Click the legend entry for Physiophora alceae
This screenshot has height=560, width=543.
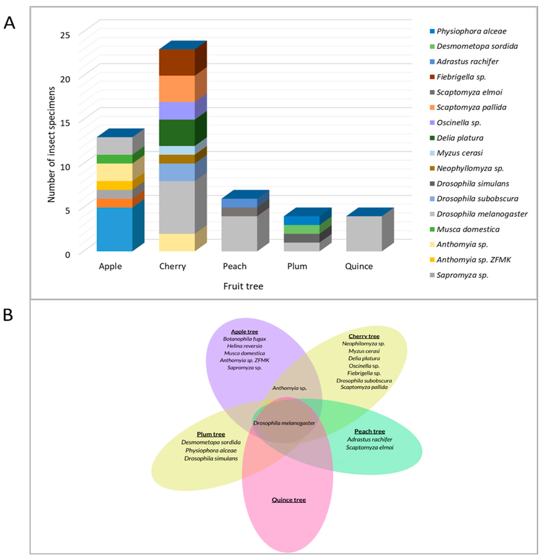471,31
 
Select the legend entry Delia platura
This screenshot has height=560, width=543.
460,138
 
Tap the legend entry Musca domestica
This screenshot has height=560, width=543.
468,229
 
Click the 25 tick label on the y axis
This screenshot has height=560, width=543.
65,35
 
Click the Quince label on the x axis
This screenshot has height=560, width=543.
359,266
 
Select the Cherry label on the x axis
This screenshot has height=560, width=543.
172,266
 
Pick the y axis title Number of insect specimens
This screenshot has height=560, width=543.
51,145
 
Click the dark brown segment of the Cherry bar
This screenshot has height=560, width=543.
177,62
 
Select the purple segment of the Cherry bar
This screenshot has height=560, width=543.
177,110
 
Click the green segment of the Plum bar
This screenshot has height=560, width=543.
302,229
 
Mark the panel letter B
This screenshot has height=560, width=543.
8,315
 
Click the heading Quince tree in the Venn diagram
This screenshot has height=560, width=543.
289,500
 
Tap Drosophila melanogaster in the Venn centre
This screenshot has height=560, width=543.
284,423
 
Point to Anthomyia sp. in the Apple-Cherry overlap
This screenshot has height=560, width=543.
289,388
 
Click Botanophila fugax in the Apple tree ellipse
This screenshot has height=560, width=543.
244,339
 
